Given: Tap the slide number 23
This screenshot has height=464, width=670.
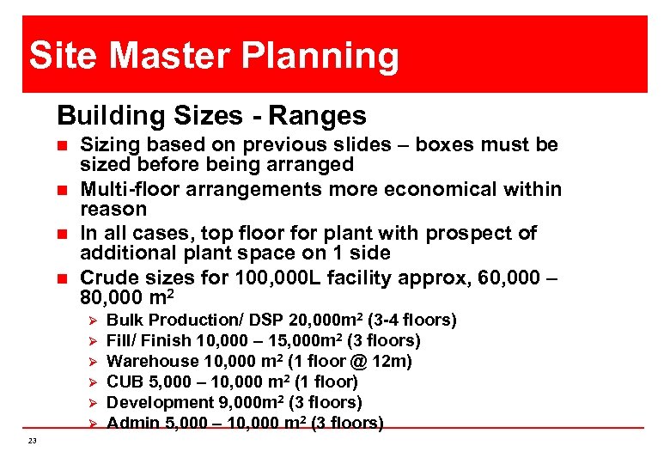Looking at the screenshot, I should click(x=32, y=441).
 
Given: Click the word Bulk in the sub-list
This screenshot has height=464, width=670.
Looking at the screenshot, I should click(x=125, y=321).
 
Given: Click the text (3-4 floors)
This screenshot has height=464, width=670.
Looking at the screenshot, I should click(x=410, y=321).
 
